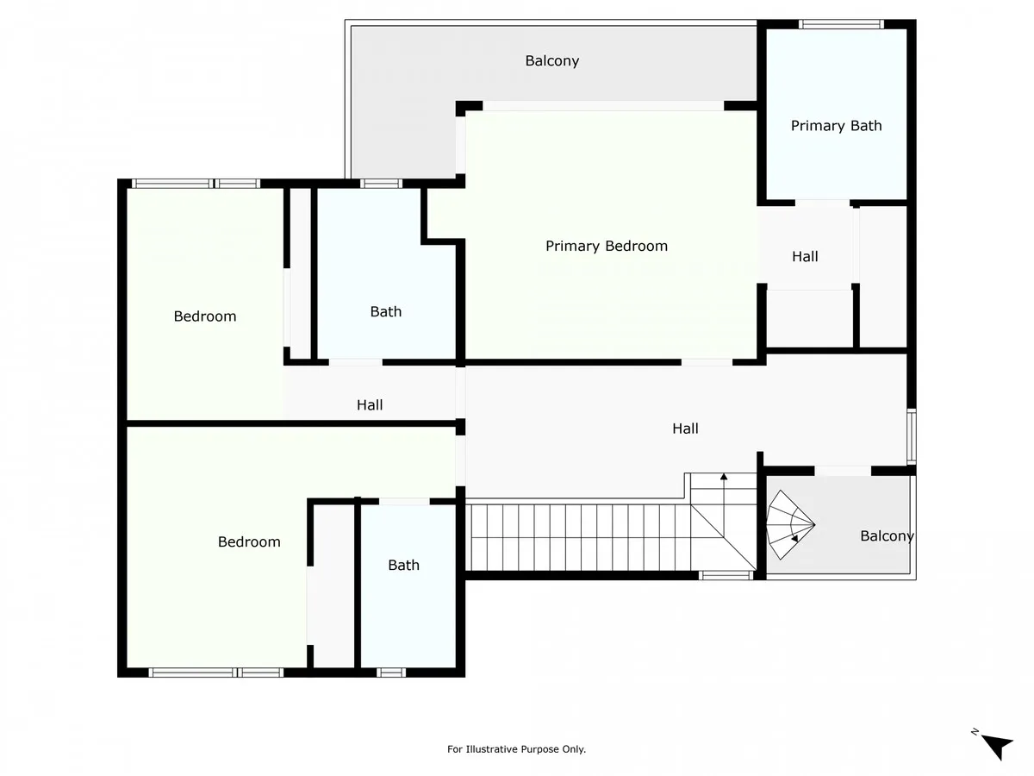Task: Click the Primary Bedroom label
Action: (x=607, y=246)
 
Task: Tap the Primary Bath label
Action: (x=836, y=126)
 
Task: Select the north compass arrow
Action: (x=996, y=745)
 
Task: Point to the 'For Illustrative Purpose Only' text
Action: (x=516, y=749)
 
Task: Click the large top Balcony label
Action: (x=552, y=60)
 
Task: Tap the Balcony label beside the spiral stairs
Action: (x=887, y=535)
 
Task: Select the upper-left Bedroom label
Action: (x=205, y=316)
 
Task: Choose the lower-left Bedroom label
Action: (x=249, y=541)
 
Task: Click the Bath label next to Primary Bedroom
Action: (x=386, y=311)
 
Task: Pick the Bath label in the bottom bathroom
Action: (x=404, y=565)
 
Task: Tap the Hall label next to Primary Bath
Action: (x=805, y=256)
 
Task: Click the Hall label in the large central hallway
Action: (x=685, y=429)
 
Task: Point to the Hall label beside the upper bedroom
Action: (x=370, y=404)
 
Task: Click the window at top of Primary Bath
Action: (x=841, y=24)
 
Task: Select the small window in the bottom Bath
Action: (x=391, y=673)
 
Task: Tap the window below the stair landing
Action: (x=726, y=575)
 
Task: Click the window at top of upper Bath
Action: (x=382, y=184)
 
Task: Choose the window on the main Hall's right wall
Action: (x=912, y=436)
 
